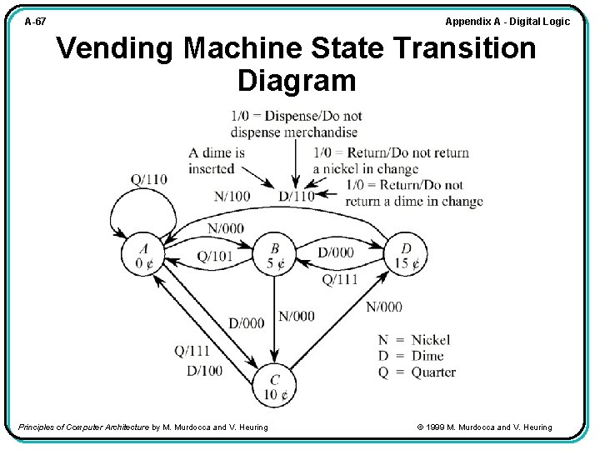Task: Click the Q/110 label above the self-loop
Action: pos(149,179)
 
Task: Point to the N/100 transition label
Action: pos(232,196)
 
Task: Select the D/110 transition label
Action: pos(297,196)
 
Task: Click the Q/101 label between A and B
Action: pos(214,256)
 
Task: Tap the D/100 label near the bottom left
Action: pos(204,370)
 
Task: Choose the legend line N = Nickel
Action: pos(413,340)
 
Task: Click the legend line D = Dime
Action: pos(411,356)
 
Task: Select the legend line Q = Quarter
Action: pos(417,372)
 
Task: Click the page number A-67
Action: pos(35,22)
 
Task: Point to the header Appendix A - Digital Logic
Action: pos(507,21)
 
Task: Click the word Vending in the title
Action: pos(115,49)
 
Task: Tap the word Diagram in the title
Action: pos(297,82)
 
